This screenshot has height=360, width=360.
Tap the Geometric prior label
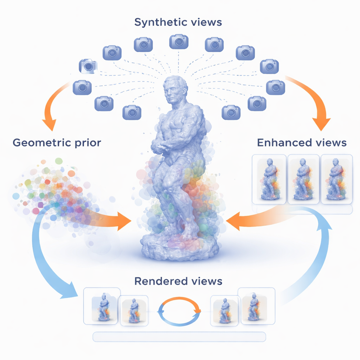(x=57, y=142)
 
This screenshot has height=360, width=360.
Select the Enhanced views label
(x=302, y=142)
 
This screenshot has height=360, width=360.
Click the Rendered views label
(x=178, y=281)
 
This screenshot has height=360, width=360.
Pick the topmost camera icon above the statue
(x=179, y=41)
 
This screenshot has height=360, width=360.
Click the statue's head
(x=175, y=90)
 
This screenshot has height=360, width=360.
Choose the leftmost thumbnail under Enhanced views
(x=270, y=179)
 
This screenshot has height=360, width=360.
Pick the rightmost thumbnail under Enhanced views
(x=336, y=179)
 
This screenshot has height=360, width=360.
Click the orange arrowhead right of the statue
(x=234, y=221)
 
